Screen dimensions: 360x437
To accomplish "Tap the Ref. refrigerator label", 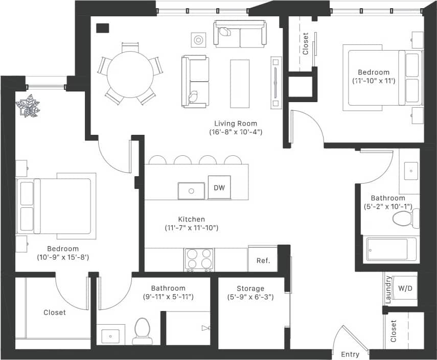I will click(263, 260).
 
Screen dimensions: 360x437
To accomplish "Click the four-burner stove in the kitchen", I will click(199, 259).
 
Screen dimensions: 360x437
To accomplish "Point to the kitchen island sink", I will click(191, 190).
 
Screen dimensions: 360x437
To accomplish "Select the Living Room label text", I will click(236, 124).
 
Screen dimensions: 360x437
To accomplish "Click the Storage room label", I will click(250, 289).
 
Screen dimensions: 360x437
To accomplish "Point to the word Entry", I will click(350, 354).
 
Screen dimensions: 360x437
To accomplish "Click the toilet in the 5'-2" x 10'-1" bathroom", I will click(404, 220).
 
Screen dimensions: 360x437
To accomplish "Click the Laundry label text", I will click(388, 290).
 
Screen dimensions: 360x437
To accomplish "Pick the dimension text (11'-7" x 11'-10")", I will click(192, 228).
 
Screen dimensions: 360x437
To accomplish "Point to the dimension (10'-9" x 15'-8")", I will click(63, 257).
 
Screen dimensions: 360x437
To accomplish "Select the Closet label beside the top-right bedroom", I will click(306, 44).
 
